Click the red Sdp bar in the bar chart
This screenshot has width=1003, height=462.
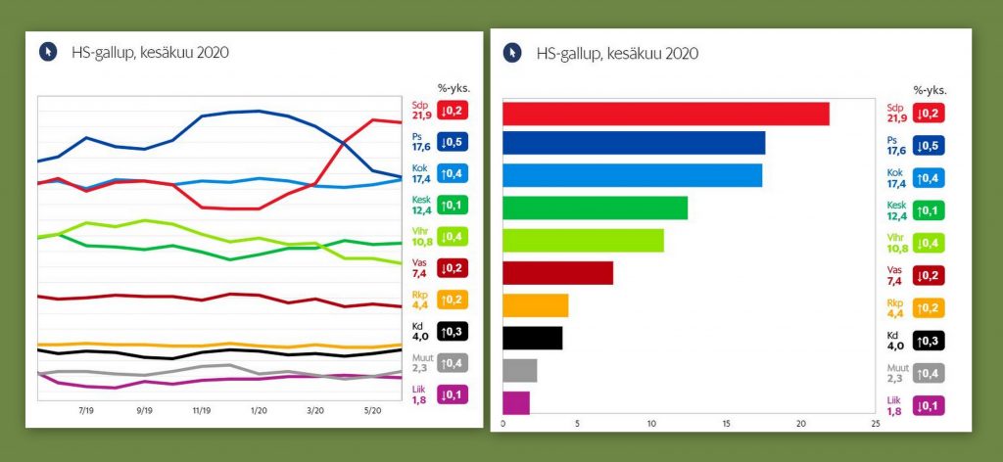666,114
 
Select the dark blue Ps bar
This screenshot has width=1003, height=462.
634,143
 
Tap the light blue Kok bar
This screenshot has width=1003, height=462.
632,175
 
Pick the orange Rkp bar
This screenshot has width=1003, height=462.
535,305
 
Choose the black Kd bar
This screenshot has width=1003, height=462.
533,338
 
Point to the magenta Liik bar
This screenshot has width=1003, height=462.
516,402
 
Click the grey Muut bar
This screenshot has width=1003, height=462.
520,370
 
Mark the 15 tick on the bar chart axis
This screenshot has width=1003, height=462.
726,424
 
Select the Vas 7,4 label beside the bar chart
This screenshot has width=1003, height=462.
895,275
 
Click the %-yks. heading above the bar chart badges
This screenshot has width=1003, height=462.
931,90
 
